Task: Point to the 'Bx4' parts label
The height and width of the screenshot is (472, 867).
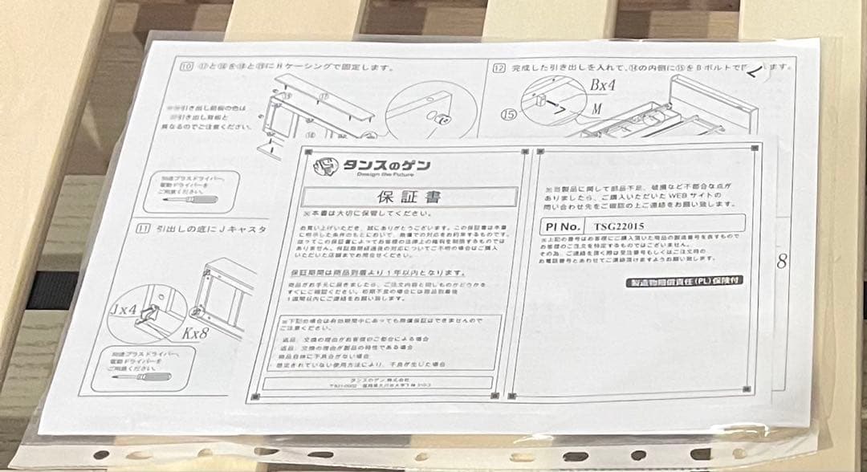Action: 602,84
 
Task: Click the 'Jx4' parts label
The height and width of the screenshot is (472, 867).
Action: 124,307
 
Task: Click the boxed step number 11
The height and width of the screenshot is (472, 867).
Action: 144,229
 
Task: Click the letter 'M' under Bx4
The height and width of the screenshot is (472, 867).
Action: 598,108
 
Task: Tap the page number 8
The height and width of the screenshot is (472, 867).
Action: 780,262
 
